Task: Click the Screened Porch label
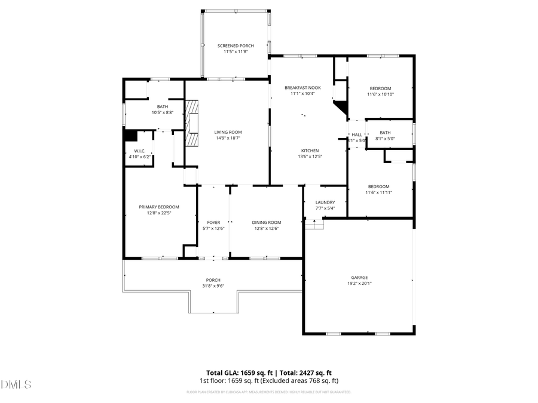(236, 45)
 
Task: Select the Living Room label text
(228, 132)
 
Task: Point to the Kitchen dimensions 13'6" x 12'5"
(310, 157)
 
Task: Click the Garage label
(359, 277)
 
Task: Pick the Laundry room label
(326, 202)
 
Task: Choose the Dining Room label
(266, 222)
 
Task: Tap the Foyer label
(213, 222)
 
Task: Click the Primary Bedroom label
(159, 207)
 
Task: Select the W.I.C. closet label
(140, 151)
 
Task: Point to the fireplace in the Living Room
(191, 123)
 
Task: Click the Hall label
(357, 135)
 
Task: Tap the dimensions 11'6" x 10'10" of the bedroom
(380, 94)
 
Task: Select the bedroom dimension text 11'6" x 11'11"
(378, 193)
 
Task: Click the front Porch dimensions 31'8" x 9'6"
(213, 287)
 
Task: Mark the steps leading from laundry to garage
(314, 223)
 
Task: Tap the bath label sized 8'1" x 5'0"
(385, 133)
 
